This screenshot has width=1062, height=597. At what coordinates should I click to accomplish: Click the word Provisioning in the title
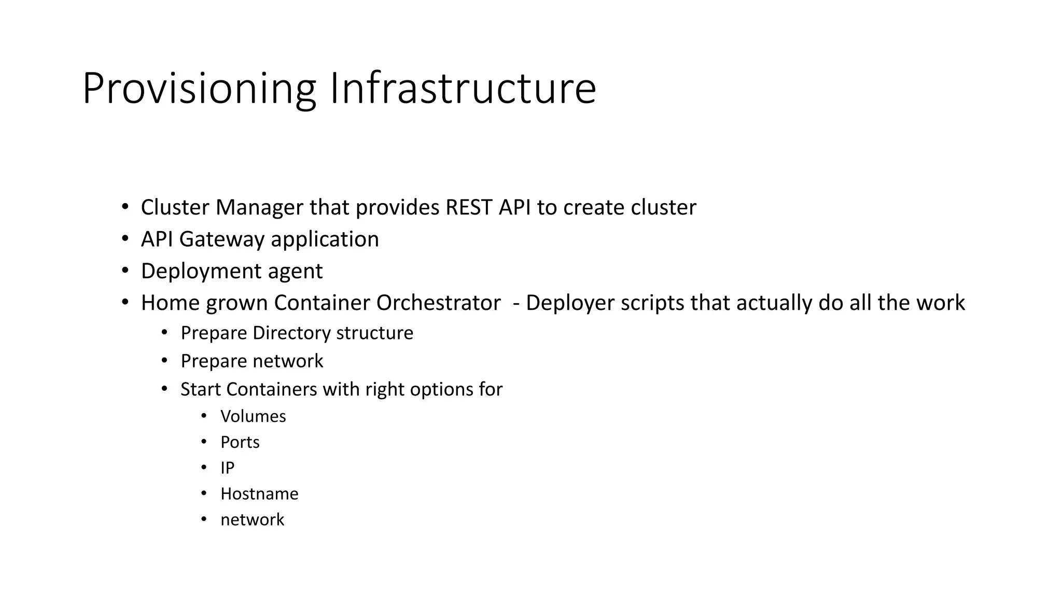199,89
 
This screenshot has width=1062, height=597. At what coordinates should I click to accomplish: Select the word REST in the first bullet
468,207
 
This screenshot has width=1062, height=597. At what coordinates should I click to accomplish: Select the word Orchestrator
439,303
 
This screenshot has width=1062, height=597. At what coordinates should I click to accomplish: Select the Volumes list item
253,416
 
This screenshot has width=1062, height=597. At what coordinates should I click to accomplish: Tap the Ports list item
240,442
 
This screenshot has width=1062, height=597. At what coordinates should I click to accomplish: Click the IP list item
227,468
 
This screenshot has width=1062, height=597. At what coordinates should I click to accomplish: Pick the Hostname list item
259,494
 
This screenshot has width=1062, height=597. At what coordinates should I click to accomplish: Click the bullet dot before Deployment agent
125,271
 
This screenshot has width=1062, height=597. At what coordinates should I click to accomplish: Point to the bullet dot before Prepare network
164,360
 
